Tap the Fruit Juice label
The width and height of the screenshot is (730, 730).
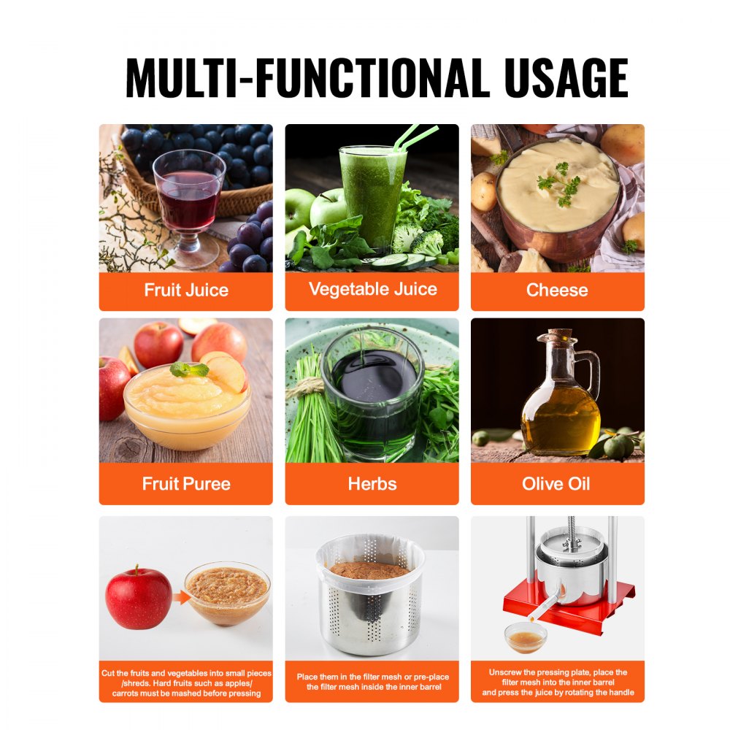(186, 290)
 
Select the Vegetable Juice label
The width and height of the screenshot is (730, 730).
(372, 289)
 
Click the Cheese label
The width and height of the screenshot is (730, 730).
(557, 290)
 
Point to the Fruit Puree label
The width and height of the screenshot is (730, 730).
(186, 483)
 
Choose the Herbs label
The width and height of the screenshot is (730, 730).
(372, 483)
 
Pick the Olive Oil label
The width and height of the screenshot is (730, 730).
(557, 483)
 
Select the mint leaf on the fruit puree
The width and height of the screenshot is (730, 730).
(189, 369)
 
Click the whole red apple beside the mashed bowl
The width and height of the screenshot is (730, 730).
(138, 596)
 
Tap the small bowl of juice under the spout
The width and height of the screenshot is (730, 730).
(526, 637)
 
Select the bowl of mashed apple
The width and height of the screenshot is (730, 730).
(227, 592)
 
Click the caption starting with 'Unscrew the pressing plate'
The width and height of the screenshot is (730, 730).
(557, 683)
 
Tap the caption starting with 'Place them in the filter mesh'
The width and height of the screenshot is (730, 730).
(372, 682)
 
